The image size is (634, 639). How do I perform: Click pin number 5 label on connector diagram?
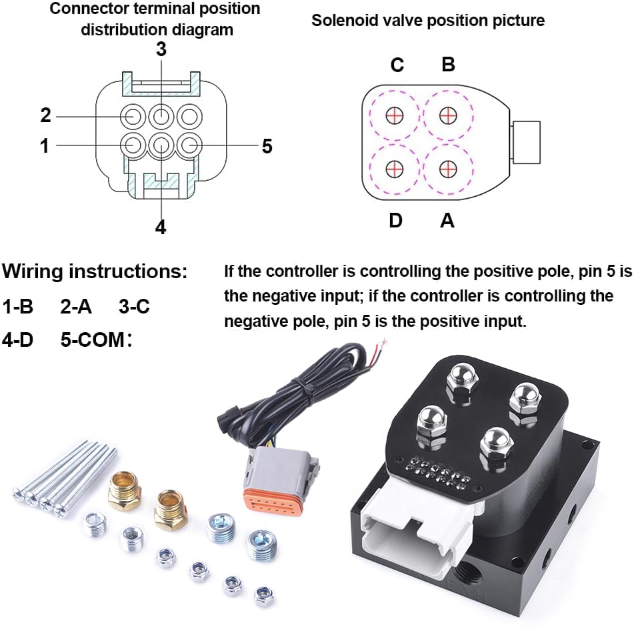[x=267, y=146]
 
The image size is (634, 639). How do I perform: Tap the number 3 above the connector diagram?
[x=161, y=49]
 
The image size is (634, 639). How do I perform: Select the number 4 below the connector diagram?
[x=161, y=227]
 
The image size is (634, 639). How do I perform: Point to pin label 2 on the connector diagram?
[x=45, y=115]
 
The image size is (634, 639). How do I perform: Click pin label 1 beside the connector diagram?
[x=45, y=145]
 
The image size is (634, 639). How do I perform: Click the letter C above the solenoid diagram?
[x=397, y=65]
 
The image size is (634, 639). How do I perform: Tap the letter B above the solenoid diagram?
[x=449, y=65]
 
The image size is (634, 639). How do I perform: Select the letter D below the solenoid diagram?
[x=396, y=219]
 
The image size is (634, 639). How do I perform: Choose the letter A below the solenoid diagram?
[x=447, y=219]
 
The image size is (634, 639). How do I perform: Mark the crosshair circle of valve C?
[x=395, y=116]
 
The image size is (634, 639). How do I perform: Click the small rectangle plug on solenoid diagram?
[x=526, y=142]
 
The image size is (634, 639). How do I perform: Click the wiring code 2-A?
[x=75, y=307]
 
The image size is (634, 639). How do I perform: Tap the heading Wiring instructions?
[x=95, y=272]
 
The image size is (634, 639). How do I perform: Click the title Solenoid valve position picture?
[x=428, y=21]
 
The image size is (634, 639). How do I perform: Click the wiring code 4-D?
[x=18, y=340]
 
